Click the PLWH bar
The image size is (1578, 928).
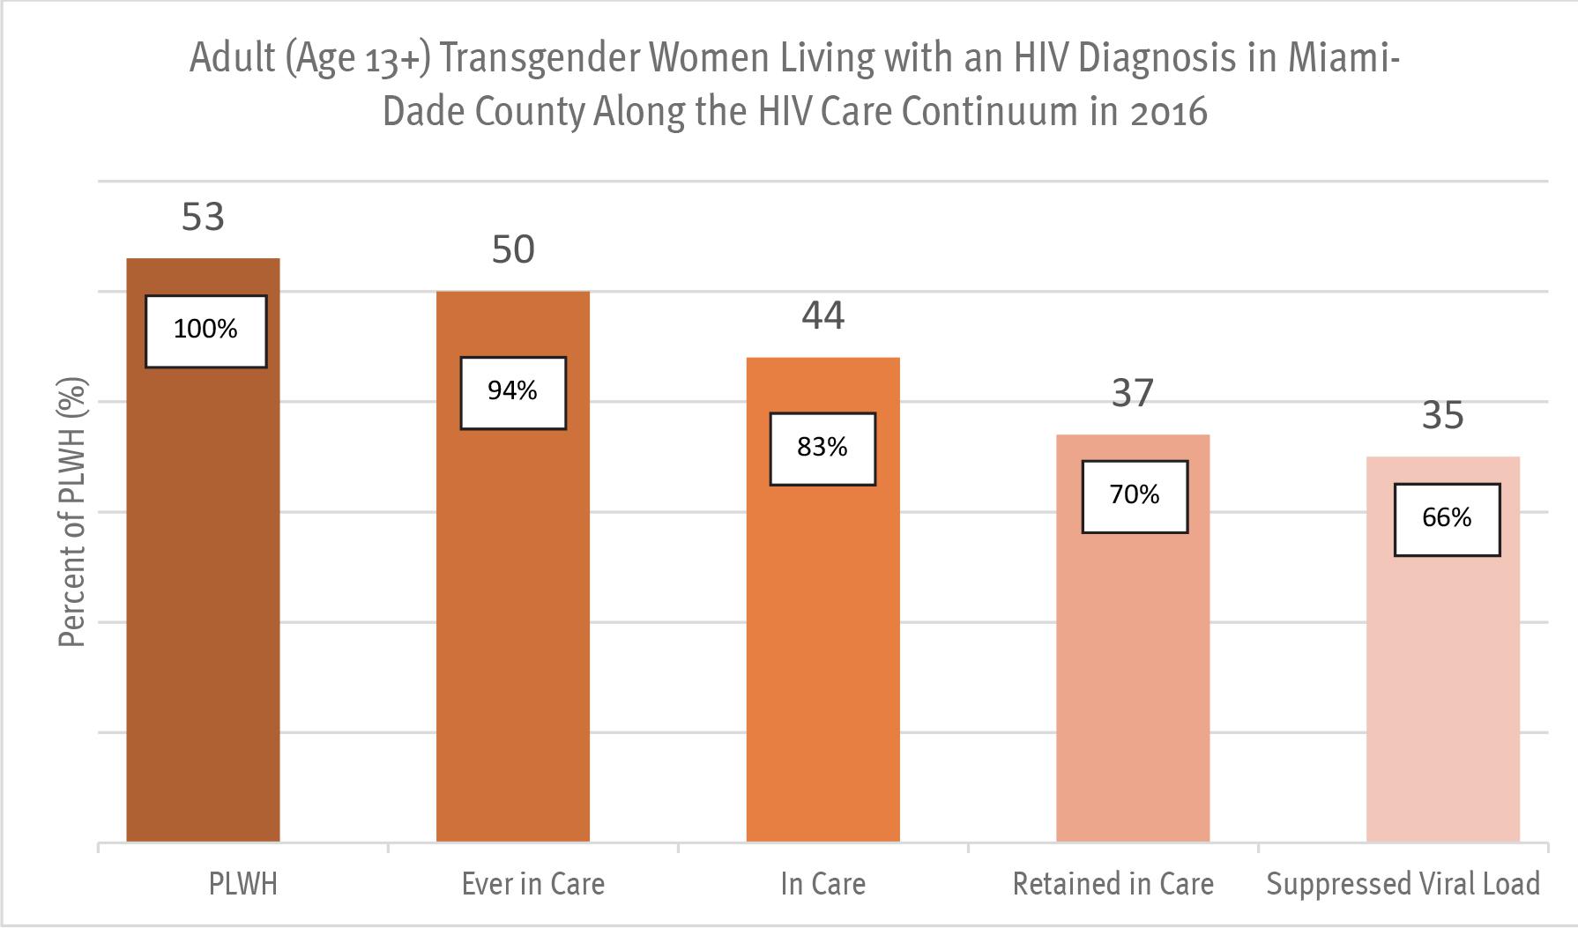(x=204, y=599)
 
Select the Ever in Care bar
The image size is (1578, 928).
(x=513, y=617)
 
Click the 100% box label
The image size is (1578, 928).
(x=206, y=330)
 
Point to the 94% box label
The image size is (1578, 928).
(x=513, y=392)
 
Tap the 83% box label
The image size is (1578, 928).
(x=822, y=449)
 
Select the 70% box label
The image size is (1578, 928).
(x=1135, y=496)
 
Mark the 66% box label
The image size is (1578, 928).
(x=1447, y=519)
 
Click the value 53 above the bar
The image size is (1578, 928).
(x=204, y=217)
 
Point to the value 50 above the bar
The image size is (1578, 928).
(x=513, y=250)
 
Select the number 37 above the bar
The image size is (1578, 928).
(x=1133, y=394)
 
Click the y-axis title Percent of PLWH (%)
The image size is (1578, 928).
(x=72, y=514)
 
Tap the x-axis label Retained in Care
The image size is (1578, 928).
(x=1113, y=884)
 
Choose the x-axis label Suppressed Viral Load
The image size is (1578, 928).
(x=1403, y=884)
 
